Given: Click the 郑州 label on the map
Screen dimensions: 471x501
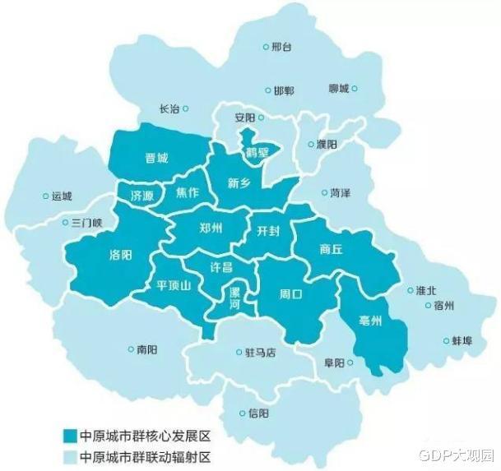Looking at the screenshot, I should (x=211, y=231).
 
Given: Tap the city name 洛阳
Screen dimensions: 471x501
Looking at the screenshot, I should (x=120, y=255).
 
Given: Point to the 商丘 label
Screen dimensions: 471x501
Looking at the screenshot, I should (x=331, y=250).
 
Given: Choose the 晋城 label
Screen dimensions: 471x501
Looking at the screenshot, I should (x=156, y=158).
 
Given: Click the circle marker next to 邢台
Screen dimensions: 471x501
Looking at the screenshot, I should (x=265, y=48).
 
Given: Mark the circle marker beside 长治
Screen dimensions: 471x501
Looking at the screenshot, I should (x=186, y=108).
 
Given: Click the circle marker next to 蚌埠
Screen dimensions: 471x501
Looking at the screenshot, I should (x=445, y=339).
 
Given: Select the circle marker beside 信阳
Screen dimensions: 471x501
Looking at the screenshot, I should (x=242, y=413).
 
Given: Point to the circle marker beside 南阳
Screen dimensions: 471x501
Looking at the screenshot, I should (x=131, y=349).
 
